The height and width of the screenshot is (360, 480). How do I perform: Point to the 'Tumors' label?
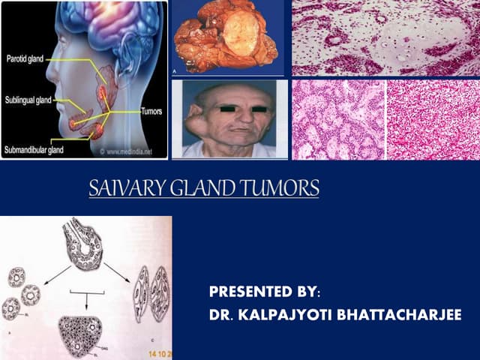coord(152,110)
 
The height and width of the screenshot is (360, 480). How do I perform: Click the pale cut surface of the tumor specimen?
coord(244,33)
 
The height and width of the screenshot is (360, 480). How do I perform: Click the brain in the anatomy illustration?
coord(112,30)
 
